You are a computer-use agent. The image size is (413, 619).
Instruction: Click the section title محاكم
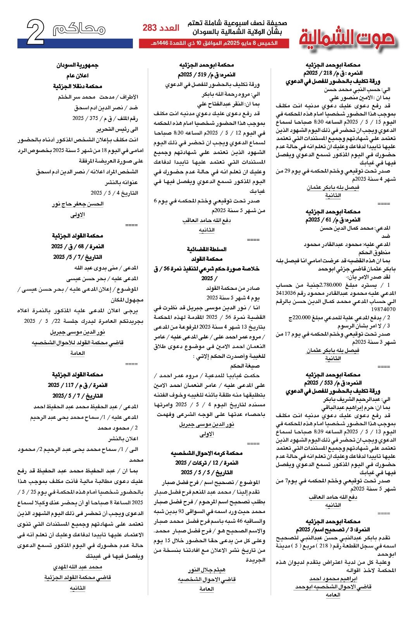pos(79,29)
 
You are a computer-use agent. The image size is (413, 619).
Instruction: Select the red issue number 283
pos(150,28)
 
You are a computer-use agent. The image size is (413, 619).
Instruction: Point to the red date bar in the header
pos(214,43)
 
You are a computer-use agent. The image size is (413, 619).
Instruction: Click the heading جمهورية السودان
pos(77,65)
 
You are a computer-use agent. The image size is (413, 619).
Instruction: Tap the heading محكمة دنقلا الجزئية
pos(77,86)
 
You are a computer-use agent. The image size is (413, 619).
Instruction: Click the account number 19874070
pos(383,309)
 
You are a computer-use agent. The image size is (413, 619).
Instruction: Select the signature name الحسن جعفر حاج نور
pos(78,204)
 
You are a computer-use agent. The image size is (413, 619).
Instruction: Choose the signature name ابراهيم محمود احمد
pos(333,579)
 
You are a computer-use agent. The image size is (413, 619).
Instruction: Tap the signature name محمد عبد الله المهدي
pos(77,567)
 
